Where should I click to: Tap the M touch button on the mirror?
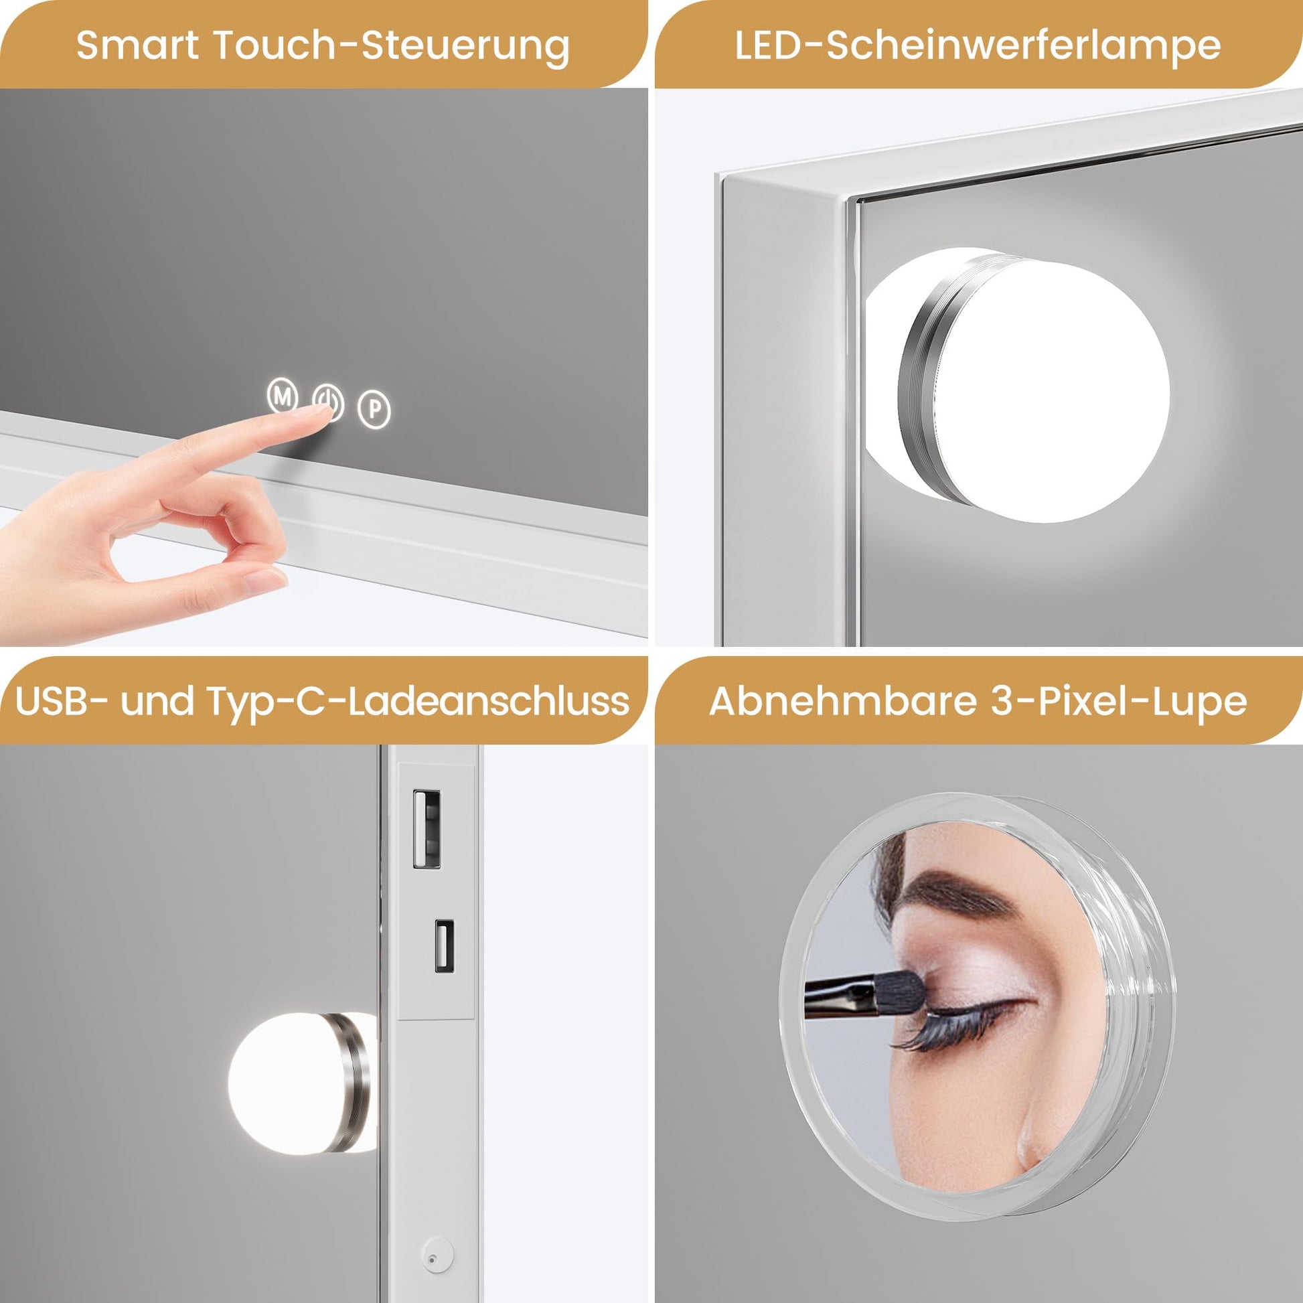click(283, 396)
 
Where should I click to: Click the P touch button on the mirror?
click(374, 408)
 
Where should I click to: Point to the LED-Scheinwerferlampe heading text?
click(978, 46)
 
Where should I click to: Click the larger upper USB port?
click(427, 829)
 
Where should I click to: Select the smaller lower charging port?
click(444, 946)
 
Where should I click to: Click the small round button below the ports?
click(430, 1259)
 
